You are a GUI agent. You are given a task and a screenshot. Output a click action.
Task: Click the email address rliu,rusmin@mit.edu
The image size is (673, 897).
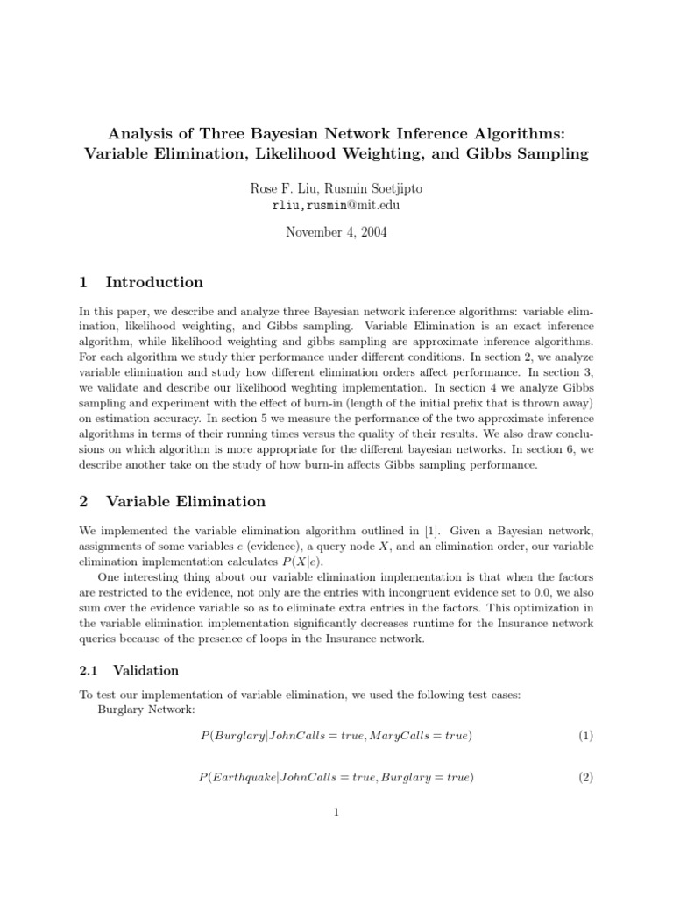(336, 205)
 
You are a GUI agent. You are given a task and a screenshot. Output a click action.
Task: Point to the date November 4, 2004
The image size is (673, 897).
(336, 232)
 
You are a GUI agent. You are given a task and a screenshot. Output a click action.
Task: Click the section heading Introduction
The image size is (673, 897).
(154, 282)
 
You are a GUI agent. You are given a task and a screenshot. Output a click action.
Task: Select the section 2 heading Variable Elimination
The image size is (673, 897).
(185, 502)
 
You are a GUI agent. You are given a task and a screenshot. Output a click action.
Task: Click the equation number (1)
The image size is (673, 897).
(585, 736)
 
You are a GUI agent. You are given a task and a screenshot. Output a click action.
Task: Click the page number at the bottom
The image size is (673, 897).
(336, 812)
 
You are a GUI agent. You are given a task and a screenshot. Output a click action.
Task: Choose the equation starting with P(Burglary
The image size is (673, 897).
(336, 736)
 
